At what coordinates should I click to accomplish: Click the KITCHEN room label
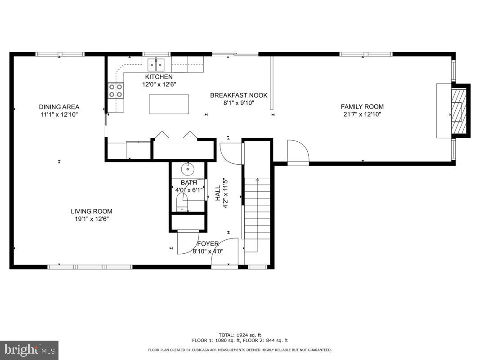point(158,77)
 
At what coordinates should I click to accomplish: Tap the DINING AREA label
point(59,107)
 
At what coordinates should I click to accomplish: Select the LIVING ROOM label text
point(91,211)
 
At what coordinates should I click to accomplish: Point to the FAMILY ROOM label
point(362,107)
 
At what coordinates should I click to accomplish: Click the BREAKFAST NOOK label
point(239,95)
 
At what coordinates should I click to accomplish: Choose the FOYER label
point(205,244)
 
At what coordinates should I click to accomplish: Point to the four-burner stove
point(116,90)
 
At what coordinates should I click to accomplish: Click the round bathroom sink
point(188,169)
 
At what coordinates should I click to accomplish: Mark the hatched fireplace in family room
point(460,111)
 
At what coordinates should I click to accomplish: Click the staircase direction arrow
point(257,180)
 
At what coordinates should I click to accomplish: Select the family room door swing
point(297,152)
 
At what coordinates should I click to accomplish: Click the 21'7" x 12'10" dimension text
point(362,114)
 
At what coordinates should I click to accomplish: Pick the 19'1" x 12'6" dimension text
point(91,219)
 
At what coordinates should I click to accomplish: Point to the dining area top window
point(60,54)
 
